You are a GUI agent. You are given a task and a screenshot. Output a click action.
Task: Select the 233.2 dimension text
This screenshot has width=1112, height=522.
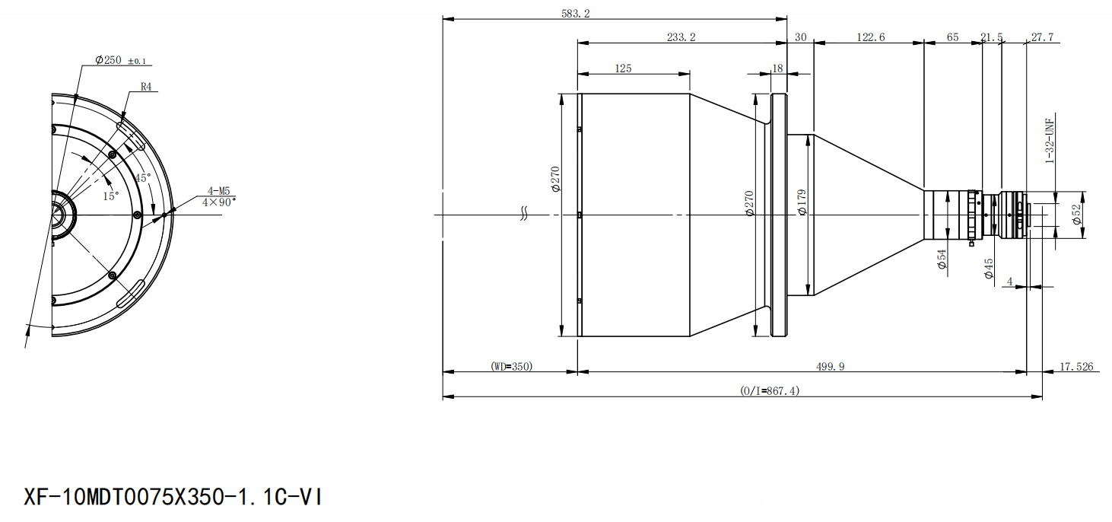(681, 37)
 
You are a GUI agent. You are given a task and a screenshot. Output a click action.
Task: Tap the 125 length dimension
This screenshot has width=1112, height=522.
(623, 68)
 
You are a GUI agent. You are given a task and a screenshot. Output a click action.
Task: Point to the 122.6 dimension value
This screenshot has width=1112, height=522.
(870, 37)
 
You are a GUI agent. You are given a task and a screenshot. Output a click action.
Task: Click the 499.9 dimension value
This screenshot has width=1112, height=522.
(830, 367)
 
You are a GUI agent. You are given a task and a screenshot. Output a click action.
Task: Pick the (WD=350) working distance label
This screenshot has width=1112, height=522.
(511, 367)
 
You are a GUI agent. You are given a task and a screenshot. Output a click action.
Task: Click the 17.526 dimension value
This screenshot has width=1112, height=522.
(1075, 367)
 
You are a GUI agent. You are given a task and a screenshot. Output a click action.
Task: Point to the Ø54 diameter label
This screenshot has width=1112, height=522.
(941, 259)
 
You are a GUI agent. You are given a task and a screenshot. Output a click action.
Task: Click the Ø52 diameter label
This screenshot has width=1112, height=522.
(1076, 215)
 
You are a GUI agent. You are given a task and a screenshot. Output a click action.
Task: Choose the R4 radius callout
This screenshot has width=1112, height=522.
(146, 88)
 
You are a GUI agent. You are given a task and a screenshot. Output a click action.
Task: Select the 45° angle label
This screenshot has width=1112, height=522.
(142, 177)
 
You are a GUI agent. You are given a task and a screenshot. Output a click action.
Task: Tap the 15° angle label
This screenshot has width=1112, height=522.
(111, 196)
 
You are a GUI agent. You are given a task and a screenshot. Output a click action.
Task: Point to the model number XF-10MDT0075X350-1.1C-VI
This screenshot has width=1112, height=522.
(173, 498)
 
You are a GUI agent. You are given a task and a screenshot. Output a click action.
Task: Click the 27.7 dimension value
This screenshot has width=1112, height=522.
(1042, 37)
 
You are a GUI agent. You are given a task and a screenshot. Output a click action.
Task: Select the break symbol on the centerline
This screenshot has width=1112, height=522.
(524, 215)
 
